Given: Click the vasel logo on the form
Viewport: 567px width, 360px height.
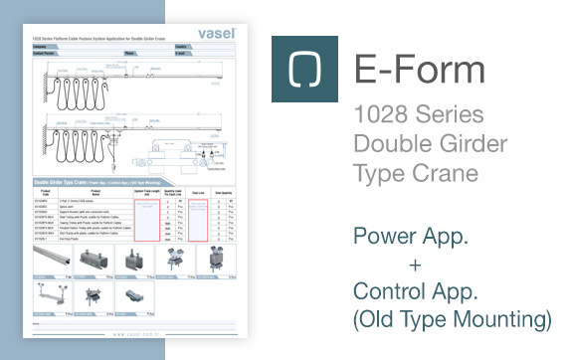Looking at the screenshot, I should [x=214, y=33].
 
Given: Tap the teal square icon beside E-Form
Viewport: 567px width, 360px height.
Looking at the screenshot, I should [x=303, y=70].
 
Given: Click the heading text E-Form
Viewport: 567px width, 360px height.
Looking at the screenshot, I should [x=419, y=71].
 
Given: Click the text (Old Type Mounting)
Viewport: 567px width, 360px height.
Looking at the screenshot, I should [x=453, y=320].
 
